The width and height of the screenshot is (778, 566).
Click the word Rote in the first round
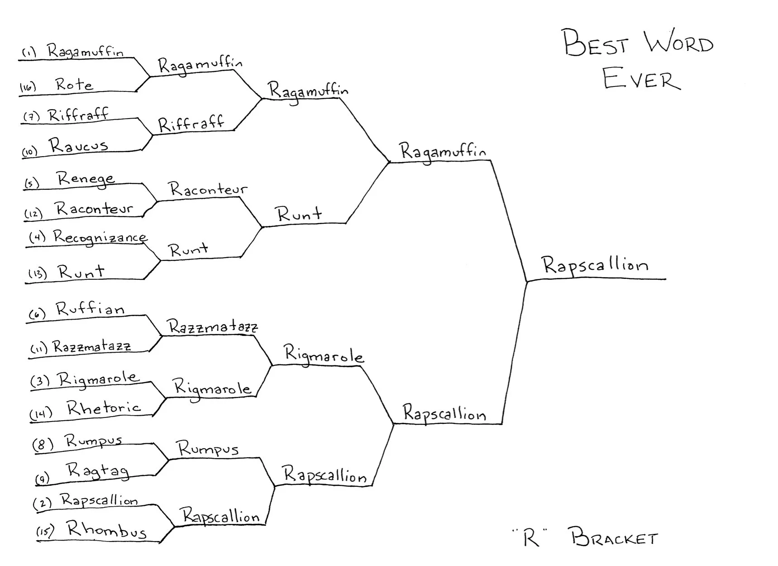(x=74, y=84)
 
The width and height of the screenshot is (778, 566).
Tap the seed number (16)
(x=28, y=87)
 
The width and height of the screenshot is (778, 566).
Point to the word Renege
(x=86, y=179)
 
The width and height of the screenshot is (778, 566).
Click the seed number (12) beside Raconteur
(x=33, y=213)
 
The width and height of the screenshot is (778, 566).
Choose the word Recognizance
(x=100, y=237)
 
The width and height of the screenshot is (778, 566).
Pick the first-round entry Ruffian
(x=90, y=309)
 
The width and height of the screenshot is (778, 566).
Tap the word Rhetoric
(x=104, y=408)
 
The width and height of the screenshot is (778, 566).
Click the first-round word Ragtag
(x=98, y=471)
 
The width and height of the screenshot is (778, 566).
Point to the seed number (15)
(x=45, y=531)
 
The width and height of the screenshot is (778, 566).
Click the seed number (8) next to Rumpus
(x=43, y=444)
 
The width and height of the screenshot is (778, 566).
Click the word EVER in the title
(x=641, y=79)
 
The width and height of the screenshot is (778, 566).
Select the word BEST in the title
(x=595, y=43)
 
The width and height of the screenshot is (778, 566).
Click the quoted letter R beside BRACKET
(x=530, y=538)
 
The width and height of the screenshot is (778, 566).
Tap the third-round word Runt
(x=300, y=214)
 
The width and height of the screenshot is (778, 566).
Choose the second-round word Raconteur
(x=208, y=189)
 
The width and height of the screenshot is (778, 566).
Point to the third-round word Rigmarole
(x=323, y=355)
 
